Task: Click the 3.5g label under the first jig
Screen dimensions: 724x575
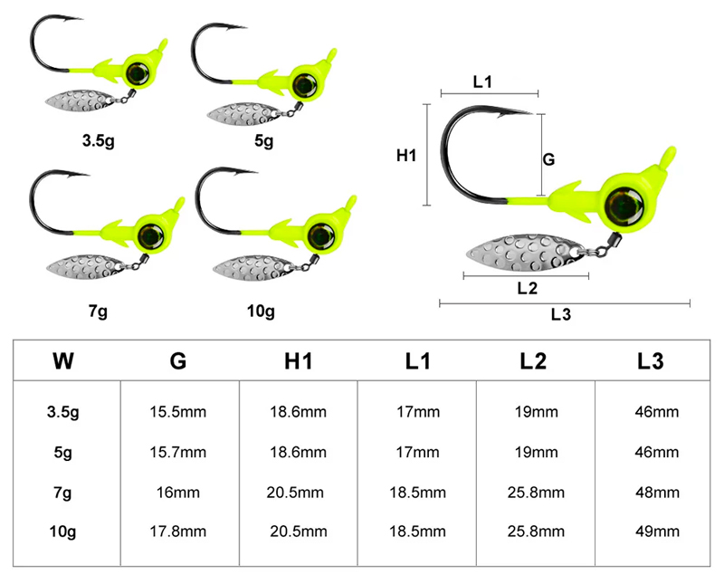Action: coord(99,140)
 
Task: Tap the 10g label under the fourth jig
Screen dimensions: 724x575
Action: coord(261,311)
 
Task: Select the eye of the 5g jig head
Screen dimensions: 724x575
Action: coord(304,84)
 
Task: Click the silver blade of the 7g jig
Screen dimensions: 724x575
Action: coord(85,267)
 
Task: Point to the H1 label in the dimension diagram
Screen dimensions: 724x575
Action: coord(406,156)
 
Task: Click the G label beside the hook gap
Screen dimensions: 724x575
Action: coord(548,159)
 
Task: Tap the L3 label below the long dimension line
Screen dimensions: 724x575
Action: coord(561,314)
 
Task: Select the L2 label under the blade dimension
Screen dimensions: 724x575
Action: coord(528,288)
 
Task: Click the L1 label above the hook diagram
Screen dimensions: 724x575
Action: coord(482,81)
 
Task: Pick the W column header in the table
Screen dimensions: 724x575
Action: coord(63,360)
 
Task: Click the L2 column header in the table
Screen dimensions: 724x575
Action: coord(533,360)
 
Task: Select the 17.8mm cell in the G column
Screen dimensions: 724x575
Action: coord(177,532)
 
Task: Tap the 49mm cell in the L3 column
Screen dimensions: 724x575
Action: coord(657,532)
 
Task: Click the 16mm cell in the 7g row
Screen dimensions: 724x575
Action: coord(177,493)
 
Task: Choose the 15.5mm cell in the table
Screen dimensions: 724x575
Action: coord(177,411)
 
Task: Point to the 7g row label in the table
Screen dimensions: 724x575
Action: coord(62,493)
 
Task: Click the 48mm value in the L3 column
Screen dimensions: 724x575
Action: coord(657,493)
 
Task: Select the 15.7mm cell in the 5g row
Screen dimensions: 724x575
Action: coord(177,452)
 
